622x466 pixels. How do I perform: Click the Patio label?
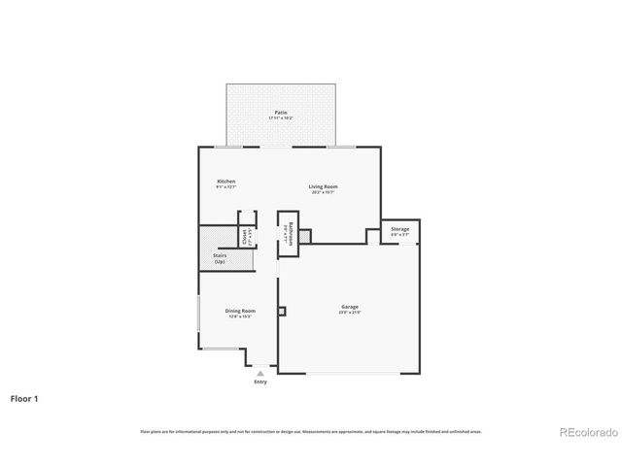[281, 112]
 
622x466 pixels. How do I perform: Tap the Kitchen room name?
[225, 182]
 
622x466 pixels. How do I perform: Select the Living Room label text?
[324, 186]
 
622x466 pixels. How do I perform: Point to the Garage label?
[349, 308]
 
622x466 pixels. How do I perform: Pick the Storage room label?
[400, 229]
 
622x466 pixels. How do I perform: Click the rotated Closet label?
[244, 236]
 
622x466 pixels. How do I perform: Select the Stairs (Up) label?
[220, 258]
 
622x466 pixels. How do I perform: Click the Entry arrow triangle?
[259, 372]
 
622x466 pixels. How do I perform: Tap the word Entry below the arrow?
[259, 382]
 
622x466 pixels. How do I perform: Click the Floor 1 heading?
[24, 398]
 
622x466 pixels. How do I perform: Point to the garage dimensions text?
[349, 314]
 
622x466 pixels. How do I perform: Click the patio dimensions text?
[281, 117]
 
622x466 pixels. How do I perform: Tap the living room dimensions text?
[324, 192]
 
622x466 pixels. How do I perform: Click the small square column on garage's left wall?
[282, 312]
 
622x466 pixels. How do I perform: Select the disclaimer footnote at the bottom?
[311, 431]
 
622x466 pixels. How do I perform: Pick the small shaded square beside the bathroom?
[304, 235]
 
